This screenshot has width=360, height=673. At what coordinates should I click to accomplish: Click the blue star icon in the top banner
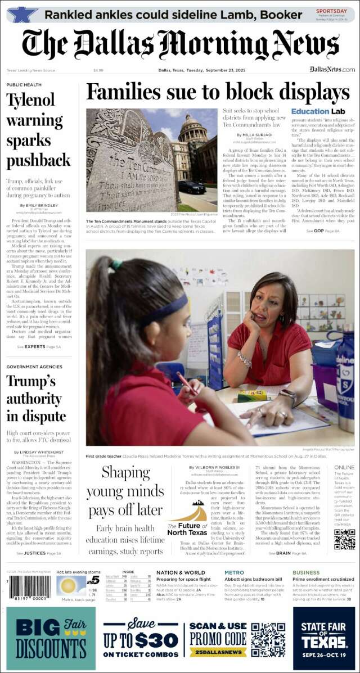22,14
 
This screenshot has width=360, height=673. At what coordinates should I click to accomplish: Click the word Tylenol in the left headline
30,100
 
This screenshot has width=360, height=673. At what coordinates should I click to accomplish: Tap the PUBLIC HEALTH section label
24,85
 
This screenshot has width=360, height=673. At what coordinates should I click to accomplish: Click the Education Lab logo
313,111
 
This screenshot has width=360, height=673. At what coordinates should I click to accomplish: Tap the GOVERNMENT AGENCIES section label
34,367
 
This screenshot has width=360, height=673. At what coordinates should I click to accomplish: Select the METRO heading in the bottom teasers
234,573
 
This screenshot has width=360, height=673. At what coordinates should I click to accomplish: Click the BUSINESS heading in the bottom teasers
306,573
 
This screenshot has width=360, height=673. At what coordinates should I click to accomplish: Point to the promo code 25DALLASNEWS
218,652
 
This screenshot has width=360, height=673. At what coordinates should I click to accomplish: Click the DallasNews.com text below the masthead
332,70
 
